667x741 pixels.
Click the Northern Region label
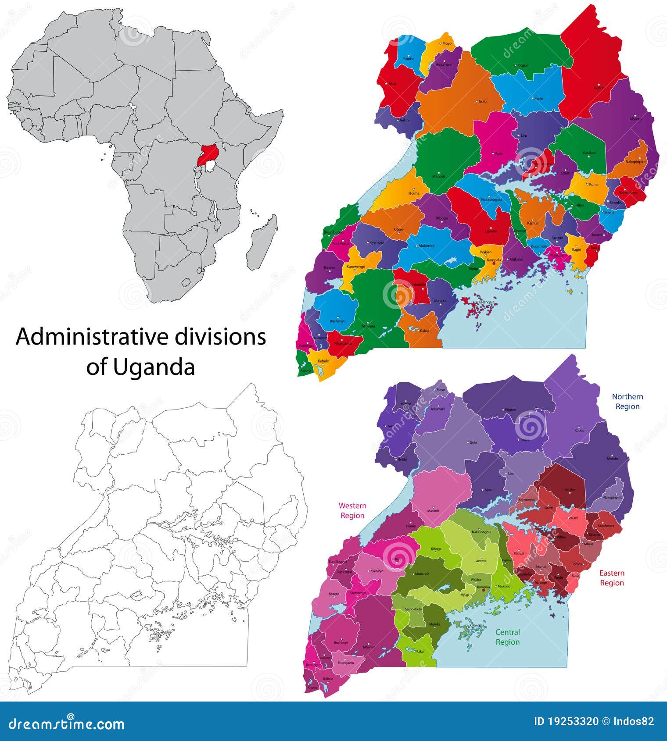click(x=627, y=401)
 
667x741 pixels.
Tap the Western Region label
click(x=352, y=510)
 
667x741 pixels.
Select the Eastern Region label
click(x=612, y=577)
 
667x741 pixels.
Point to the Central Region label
click(x=507, y=637)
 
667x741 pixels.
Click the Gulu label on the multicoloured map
click(x=482, y=101)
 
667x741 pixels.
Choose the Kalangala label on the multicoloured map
click(x=486, y=302)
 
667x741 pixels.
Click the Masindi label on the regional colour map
click(x=433, y=511)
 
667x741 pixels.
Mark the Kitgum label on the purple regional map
click(x=510, y=410)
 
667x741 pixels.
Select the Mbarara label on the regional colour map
click(x=369, y=647)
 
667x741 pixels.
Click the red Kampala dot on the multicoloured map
click(x=494, y=264)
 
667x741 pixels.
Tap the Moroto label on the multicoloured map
click(x=635, y=119)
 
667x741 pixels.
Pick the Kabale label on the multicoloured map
click(x=323, y=361)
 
